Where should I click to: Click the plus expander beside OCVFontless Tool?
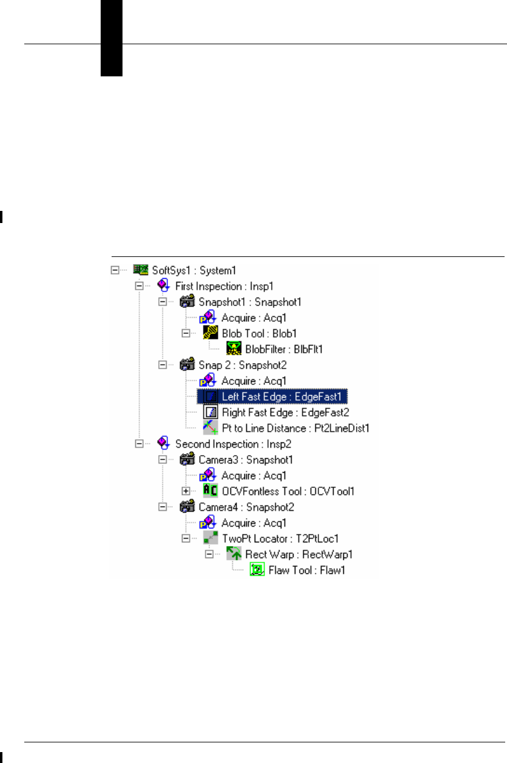point(186,491)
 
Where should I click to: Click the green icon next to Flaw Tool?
point(257,570)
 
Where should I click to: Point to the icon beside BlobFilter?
point(233,348)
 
